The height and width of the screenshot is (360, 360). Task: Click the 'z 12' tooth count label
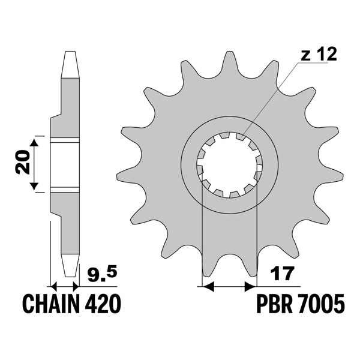(317, 55)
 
